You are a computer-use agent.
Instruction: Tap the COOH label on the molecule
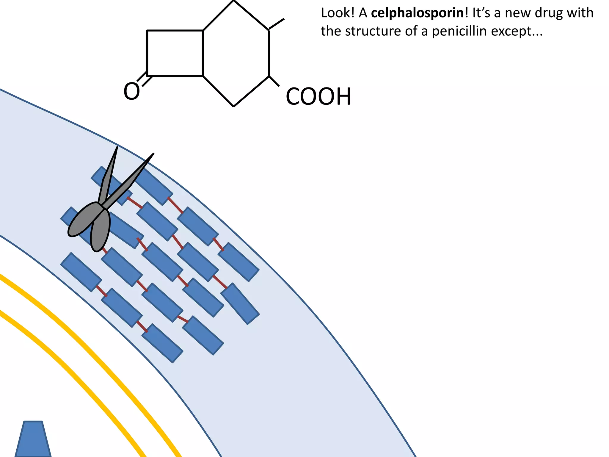(318, 97)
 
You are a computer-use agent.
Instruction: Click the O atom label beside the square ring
(131, 92)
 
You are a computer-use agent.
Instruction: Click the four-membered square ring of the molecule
(175, 53)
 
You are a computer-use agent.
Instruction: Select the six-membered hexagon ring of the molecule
(236, 53)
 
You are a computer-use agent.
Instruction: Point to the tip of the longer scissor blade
(153, 154)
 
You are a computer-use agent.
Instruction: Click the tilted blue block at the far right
(240, 303)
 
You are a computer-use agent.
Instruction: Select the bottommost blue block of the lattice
(162, 343)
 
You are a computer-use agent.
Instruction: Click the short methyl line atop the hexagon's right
(277, 24)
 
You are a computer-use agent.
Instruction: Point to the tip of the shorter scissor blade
(117, 147)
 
